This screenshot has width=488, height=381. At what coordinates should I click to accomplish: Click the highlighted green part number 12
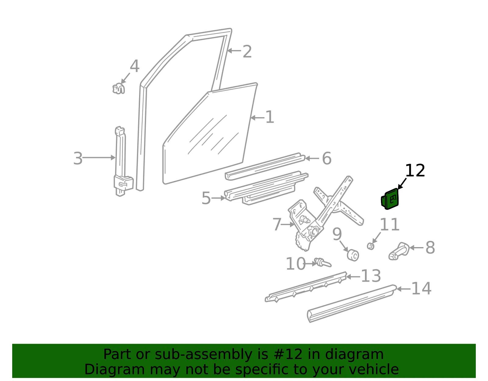coord(389,199)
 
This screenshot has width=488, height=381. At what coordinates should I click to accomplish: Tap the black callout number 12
coord(415,171)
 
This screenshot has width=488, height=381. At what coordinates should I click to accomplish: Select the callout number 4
coord(135,66)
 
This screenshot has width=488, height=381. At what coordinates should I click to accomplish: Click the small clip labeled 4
coord(119,88)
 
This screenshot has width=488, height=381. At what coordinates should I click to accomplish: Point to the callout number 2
coord(247,52)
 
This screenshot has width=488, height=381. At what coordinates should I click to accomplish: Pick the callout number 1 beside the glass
coord(270,117)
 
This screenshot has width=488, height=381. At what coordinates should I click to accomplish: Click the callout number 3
coord(78,158)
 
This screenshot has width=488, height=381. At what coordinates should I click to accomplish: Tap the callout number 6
coord(327,158)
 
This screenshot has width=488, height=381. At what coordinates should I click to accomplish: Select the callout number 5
coord(206,198)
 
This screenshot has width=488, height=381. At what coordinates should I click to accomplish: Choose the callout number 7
coord(277,224)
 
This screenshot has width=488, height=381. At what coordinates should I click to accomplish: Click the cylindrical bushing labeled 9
coord(353,255)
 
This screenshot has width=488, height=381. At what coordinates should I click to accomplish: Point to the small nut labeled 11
coord(371,246)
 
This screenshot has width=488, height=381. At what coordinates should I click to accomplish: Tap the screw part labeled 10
coord(323,262)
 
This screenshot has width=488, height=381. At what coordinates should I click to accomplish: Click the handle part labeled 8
coord(399,251)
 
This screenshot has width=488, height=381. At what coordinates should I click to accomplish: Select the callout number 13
coord(371,276)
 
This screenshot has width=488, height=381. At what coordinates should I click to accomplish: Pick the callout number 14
coord(421,288)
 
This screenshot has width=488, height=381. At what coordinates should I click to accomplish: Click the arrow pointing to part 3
coord(99,158)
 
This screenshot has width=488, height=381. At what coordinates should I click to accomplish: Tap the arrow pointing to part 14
coord(404,289)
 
